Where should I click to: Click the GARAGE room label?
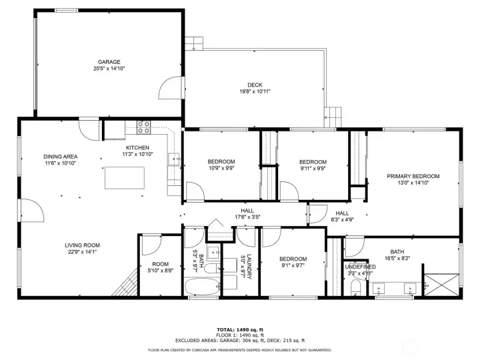click(x=109, y=62)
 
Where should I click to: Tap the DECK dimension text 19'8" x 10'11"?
click(x=255, y=91)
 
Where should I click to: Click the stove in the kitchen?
click(x=143, y=125)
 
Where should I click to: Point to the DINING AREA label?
click(x=61, y=157)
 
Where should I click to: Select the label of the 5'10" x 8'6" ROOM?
click(x=159, y=263)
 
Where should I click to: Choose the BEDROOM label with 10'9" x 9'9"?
click(x=221, y=162)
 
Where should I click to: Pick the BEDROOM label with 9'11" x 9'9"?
click(x=313, y=162)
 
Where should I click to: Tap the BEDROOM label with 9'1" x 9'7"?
click(x=293, y=259)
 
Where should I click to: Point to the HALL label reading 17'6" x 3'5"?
click(x=247, y=210)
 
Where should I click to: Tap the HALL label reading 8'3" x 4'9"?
click(x=342, y=213)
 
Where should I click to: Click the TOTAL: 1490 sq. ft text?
click(x=239, y=329)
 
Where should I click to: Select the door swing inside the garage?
click(x=171, y=87)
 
